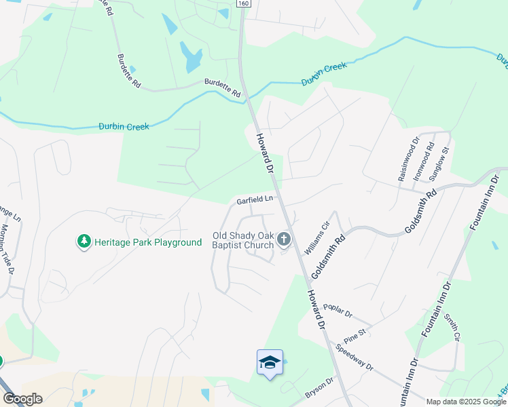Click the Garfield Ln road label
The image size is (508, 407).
[255, 200]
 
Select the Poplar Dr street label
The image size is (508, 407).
[338, 311]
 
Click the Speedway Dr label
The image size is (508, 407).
[355, 357]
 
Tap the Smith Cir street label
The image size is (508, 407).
[452, 327]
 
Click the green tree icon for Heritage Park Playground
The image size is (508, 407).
[84, 241]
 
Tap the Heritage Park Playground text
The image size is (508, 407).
[148, 242]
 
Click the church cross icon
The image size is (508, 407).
[284, 239]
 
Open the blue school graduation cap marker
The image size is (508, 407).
[270, 363]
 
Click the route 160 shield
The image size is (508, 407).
[243, 4]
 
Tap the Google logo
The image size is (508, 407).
[22, 399]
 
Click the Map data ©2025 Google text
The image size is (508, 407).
[465, 402]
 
